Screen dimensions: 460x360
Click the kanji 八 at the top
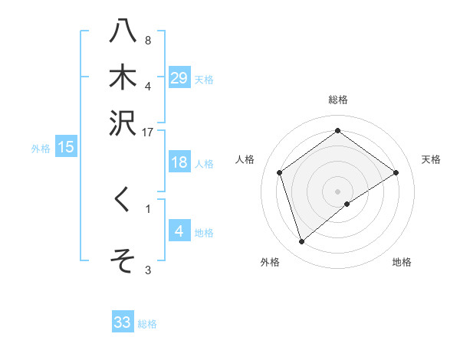122,32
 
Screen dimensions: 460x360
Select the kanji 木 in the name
122,77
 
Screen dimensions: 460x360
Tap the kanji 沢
122,122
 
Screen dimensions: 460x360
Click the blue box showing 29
179,78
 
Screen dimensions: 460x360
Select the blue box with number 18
179,162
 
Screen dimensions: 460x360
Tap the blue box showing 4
179,231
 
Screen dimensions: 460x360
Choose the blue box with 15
66,148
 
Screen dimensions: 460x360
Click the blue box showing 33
123,322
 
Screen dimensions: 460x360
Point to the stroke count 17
148,132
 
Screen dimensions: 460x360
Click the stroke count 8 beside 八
147,40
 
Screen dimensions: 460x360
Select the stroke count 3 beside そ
147,270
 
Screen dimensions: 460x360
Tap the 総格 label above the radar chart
337,100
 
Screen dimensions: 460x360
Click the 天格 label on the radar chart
431,159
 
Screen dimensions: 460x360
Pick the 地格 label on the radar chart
402,262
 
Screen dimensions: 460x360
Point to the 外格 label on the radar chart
270,262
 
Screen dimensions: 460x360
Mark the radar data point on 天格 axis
396,172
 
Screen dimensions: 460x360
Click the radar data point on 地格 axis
347,204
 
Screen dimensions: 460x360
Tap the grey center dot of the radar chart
337,191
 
